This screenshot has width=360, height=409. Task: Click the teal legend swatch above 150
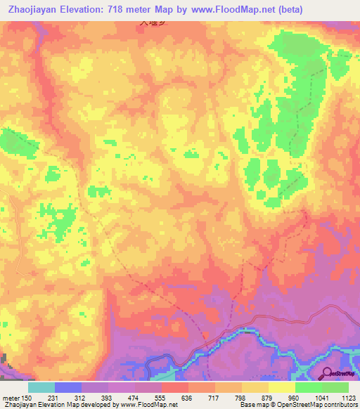pyautogui.click(x=41, y=387)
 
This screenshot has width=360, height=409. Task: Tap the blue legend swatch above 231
pyautogui.click(x=68, y=387)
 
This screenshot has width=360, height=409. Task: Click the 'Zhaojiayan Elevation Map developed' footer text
pyautogui.click(x=49, y=405)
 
